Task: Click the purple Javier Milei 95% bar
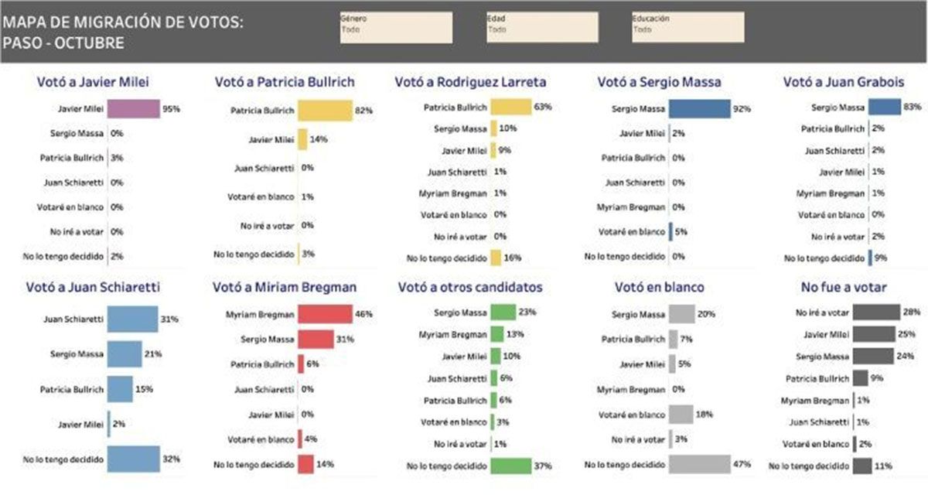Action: click(133, 109)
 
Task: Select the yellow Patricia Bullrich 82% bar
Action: click(324, 111)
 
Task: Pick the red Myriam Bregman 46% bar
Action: click(325, 314)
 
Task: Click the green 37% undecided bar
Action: click(510, 465)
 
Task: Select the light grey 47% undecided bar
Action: click(699, 465)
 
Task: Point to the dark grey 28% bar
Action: click(876, 312)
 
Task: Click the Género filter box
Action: click(396, 27)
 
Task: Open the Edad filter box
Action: click(542, 27)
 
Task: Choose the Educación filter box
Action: click(688, 27)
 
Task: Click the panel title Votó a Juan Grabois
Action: click(843, 81)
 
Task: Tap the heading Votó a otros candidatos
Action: click(470, 287)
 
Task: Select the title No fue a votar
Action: click(844, 287)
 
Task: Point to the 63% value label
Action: click(542, 107)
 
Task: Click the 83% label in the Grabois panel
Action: click(913, 107)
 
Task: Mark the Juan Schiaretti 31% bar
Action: click(132, 319)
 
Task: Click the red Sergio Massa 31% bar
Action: click(316, 339)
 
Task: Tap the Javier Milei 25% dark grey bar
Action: click(874, 334)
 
